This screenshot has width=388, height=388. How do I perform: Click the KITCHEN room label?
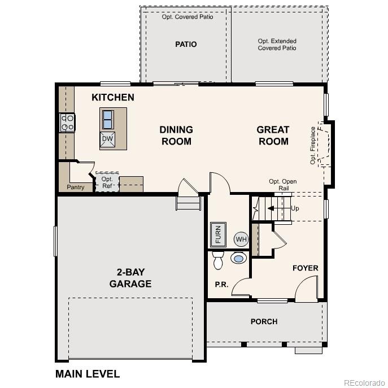[113, 97]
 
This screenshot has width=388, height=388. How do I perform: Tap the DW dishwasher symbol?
[107, 139]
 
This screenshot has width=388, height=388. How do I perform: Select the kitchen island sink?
[107, 120]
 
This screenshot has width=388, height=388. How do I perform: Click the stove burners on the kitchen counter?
[67, 123]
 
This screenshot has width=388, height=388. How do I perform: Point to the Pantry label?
[76, 187]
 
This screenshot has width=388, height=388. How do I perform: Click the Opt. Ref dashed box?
[107, 182]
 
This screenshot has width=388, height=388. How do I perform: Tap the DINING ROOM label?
[176, 136]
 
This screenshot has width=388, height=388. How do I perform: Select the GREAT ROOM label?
[273, 136]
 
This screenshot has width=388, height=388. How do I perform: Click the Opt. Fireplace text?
[313, 145]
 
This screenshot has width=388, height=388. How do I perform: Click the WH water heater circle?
[241, 239]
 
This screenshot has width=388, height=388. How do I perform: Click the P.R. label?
[221, 285]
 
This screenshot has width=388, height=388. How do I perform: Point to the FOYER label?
[305, 268]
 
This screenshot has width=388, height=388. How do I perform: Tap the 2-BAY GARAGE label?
[130, 278]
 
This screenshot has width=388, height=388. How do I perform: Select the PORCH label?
[264, 321]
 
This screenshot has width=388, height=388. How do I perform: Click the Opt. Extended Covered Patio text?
[277, 45]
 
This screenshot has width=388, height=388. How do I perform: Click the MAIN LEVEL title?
[87, 373]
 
